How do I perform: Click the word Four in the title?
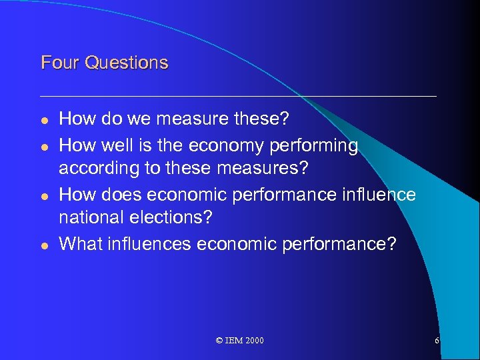(55, 63)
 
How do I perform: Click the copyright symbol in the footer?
(220, 341)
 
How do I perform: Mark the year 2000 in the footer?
(254, 341)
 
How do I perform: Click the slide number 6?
(437, 341)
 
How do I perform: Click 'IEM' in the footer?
(234, 341)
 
